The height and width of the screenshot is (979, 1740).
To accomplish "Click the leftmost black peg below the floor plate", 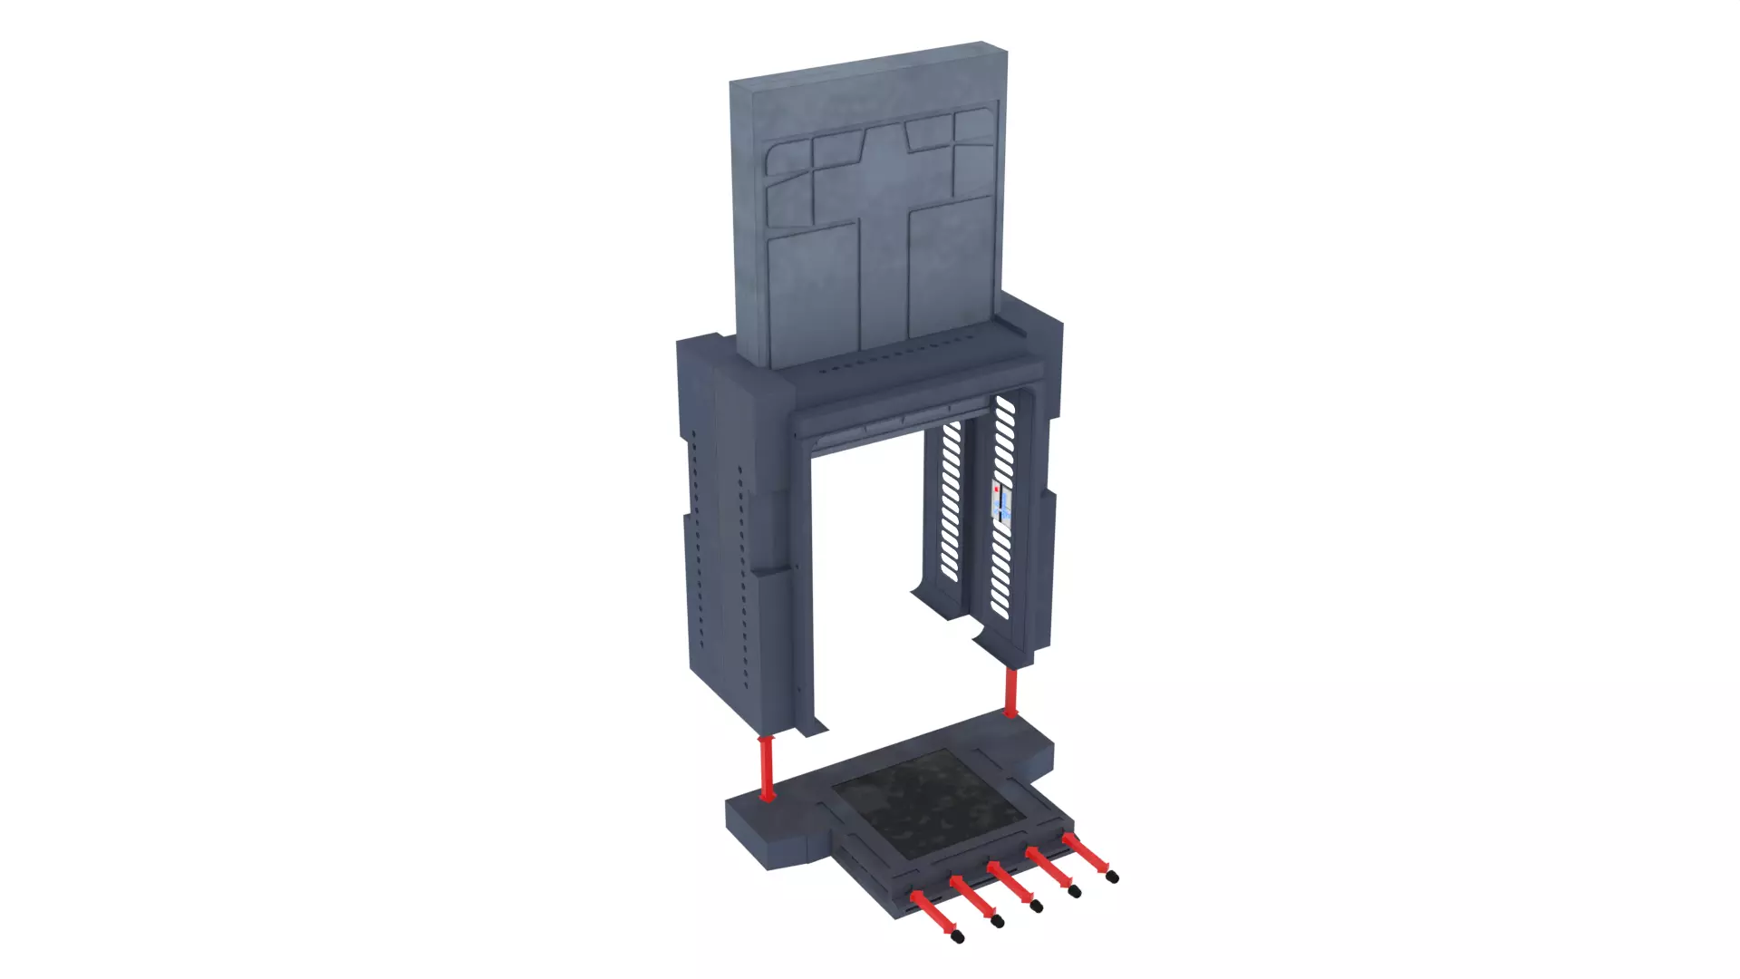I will (x=959, y=937).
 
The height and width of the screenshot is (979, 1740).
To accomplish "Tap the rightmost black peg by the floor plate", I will (x=1113, y=877).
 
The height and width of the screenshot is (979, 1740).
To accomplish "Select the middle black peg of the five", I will (x=1036, y=906).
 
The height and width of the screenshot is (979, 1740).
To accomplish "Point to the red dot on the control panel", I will (x=997, y=489).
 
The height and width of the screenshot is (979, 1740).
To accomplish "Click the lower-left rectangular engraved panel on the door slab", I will (x=814, y=295).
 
